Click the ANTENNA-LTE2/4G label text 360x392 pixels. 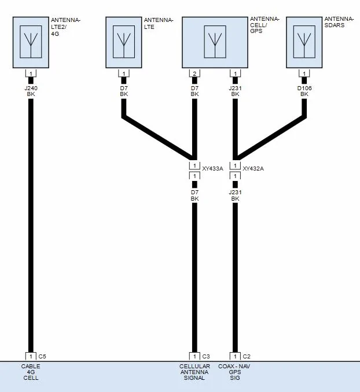65,27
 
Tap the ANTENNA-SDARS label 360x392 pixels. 339,22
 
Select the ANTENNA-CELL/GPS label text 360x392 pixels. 265,25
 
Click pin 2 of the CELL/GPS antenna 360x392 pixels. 194,73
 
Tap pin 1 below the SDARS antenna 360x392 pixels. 304,73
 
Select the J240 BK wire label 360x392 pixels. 31,91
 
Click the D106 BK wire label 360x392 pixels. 304,91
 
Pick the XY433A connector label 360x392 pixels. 212,168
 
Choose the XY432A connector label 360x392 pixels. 253,168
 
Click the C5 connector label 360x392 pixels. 42,356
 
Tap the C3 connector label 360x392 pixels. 206,356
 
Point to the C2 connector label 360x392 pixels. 247,356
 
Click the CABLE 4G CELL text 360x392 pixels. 31,372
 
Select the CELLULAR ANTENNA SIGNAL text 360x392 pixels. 194,372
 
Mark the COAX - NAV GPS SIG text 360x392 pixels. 234,372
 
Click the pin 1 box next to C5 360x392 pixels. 31,356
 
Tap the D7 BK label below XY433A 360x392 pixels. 194,195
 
